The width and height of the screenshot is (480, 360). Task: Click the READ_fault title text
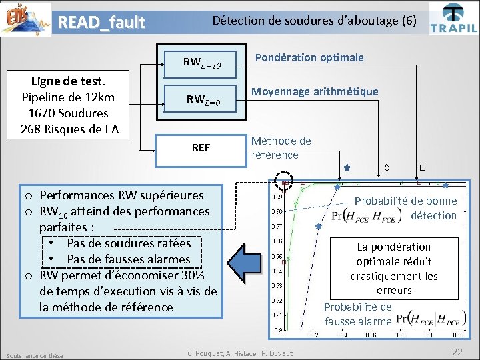pos(101,23)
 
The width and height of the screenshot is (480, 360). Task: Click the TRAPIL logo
pos(453,19)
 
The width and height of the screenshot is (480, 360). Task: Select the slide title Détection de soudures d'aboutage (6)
pos(313,21)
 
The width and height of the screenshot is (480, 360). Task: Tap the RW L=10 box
pos(200,63)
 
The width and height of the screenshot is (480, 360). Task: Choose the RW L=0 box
pos(200,99)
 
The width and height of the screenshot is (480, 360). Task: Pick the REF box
pos(200,147)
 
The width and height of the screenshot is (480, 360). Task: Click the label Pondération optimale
pos(309,57)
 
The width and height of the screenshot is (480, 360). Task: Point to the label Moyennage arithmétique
pos(314,91)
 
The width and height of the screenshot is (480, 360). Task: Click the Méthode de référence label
pos(281,148)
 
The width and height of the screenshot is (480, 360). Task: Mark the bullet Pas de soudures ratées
pos(128,243)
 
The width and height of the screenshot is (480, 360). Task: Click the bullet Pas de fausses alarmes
pos(128,259)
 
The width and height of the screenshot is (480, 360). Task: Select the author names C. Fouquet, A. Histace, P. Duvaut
pos(240,353)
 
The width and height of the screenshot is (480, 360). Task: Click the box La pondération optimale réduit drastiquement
pos(394,268)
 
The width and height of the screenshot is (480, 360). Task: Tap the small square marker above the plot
pos(422,167)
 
